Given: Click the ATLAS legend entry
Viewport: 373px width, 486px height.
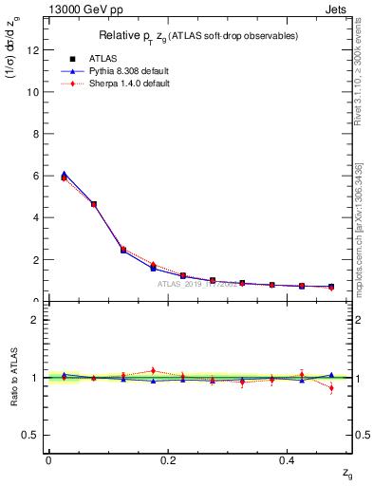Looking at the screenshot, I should (103, 60).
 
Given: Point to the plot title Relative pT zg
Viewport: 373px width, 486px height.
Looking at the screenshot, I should (199, 36).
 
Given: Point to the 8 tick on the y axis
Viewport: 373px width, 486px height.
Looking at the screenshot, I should (37, 134).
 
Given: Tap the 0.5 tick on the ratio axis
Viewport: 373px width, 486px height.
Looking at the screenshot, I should (33, 435).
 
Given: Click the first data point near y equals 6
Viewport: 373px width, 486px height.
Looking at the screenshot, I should (64, 176).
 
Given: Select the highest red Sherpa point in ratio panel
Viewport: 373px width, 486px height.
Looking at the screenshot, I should (153, 370).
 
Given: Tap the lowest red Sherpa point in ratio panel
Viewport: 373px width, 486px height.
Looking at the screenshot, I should (331, 387).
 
